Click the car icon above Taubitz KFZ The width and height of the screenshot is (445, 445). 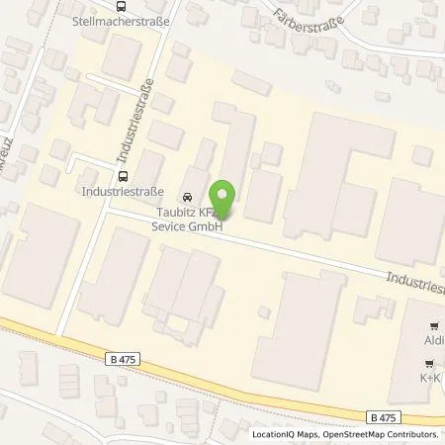click(189, 194)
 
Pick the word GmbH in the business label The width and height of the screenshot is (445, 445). click(208, 225)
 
